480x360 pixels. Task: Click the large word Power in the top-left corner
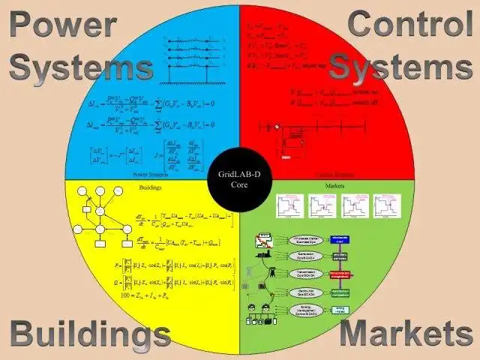click(63, 25)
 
